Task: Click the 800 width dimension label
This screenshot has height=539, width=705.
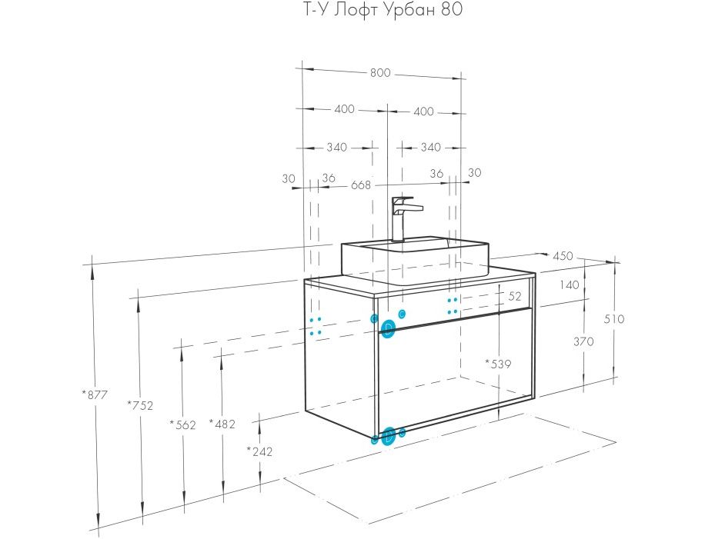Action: pos(380,73)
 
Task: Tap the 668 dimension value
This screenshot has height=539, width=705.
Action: pos(361,185)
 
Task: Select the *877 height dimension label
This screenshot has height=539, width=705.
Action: pos(95,395)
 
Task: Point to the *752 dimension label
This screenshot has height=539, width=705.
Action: pos(141,406)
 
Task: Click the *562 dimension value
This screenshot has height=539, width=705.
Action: pos(183,424)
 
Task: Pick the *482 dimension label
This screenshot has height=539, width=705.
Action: pos(222,424)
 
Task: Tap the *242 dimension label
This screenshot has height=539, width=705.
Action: pos(260,451)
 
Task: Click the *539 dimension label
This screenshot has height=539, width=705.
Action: pos(498,363)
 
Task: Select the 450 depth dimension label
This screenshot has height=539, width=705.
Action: pos(563,256)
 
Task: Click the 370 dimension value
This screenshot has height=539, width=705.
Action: pos(583,342)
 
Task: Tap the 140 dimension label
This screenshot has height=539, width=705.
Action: pos(570,284)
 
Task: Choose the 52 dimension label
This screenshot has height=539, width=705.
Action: pos(515,295)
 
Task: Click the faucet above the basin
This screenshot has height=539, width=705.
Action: pos(403,218)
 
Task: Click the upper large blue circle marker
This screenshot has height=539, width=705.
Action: pos(389,329)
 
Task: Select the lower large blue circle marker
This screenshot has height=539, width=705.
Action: pos(389,436)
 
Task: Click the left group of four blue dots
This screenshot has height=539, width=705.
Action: pos(315,326)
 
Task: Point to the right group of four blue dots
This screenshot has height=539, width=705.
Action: pos(453,305)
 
